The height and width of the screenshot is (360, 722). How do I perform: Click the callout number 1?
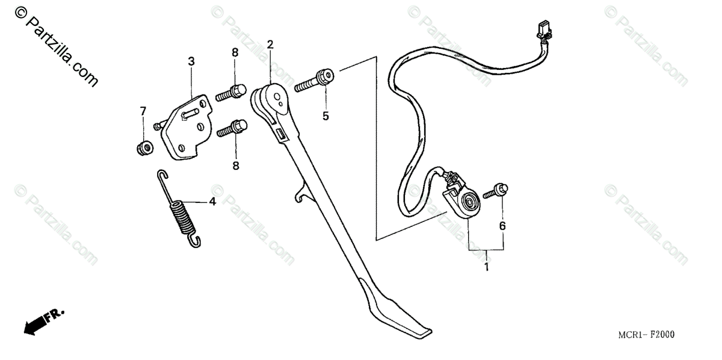pyautogui.click(x=486, y=265)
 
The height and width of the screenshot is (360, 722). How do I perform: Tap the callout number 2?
pyautogui.click(x=270, y=45)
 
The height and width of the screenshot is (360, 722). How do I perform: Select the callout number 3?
pyautogui.click(x=191, y=61)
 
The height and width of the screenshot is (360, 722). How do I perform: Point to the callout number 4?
pyautogui.click(x=212, y=202)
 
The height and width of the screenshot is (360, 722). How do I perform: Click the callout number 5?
pyautogui.click(x=326, y=116)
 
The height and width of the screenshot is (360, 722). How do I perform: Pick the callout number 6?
pyautogui.click(x=502, y=226)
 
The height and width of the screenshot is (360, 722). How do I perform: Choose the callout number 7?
pyautogui.click(x=143, y=111)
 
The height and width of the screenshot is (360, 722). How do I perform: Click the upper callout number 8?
pyautogui.click(x=235, y=52)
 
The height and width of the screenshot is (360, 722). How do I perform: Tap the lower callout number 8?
pyautogui.click(x=235, y=165)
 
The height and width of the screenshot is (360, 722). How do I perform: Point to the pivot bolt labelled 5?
pyautogui.click(x=314, y=80)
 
